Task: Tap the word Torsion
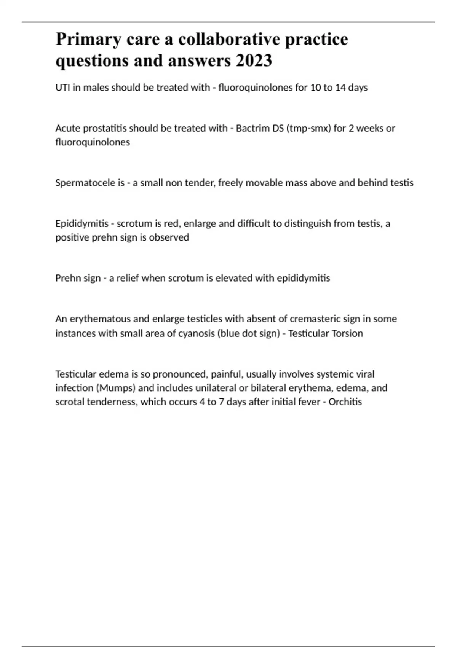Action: (347, 333)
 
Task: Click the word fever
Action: (309, 402)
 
